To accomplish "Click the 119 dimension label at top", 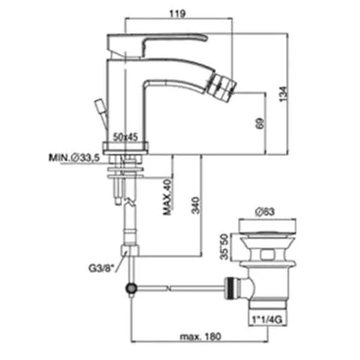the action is [177, 13].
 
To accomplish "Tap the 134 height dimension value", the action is [283, 94].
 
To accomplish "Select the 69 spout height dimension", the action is [260, 123].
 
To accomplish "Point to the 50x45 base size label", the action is [125, 137].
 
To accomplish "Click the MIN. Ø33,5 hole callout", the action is [74, 157].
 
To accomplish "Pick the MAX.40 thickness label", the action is [168, 197].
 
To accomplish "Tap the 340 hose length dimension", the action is [195, 205].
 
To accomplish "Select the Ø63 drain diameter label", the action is [265, 212].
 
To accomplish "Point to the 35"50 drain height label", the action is [224, 247].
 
